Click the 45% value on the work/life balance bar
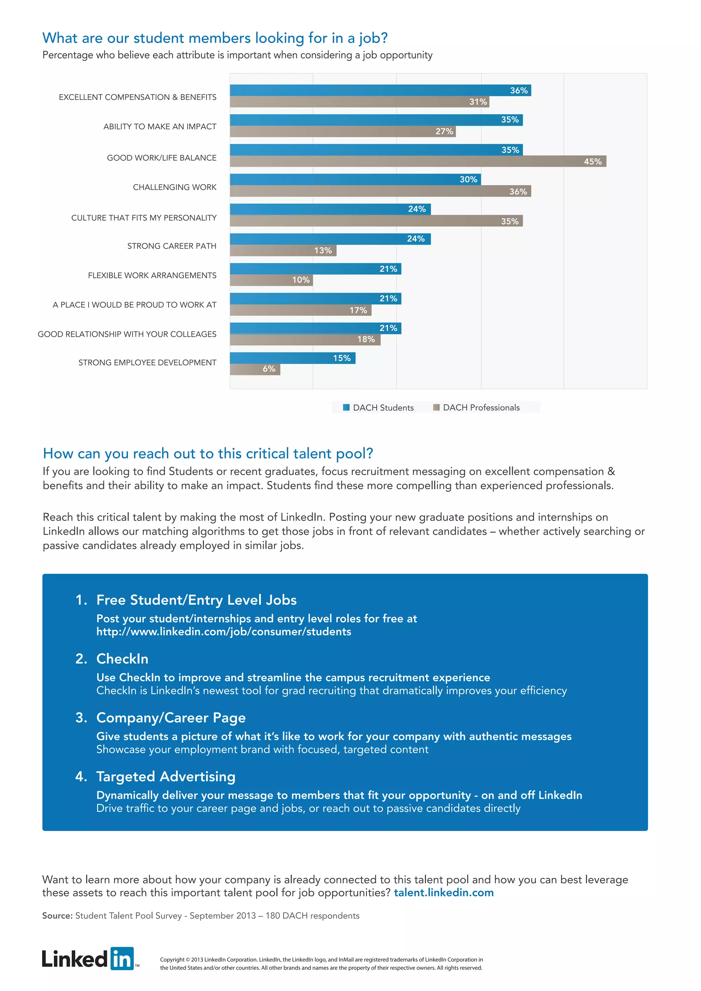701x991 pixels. pos(592,162)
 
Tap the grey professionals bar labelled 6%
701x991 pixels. pos(255,369)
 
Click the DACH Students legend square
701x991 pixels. pos(346,408)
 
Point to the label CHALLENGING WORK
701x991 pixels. pos(174,187)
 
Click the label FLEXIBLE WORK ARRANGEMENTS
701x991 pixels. pos(152,275)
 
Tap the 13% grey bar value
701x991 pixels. pos(322,250)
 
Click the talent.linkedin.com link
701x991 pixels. pos(443,892)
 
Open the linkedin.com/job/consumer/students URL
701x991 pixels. pos(224,632)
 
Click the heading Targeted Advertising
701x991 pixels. pos(166,776)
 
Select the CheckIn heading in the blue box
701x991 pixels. pos(122,659)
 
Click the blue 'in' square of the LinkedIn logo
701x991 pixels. pos(122,958)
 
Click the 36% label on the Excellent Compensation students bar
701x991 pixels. pos(519,90)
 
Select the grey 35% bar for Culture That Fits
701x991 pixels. pos(375,221)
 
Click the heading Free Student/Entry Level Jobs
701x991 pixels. pos(196,600)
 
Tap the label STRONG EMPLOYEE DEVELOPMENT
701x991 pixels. pos(147,363)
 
